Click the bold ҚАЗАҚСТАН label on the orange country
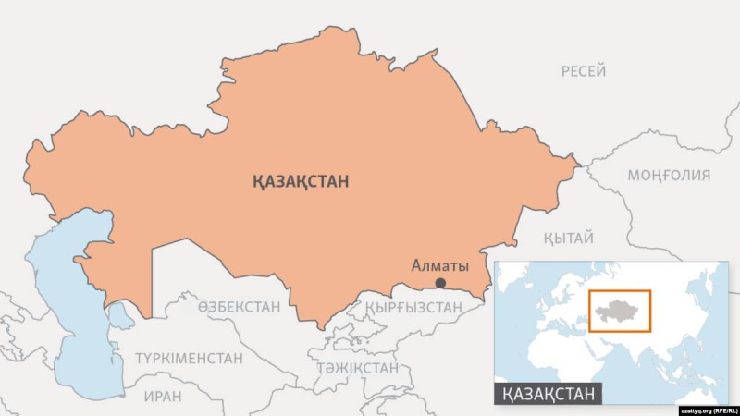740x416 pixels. point(301,182)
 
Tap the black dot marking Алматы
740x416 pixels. point(440,283)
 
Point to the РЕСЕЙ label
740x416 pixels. point(584,71)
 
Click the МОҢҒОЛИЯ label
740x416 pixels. point(669,175)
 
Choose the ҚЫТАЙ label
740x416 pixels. point(569,239)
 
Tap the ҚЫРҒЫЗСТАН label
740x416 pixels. point(413,307)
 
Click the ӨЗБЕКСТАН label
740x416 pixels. point(239,307)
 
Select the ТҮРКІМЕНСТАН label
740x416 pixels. point(189,358)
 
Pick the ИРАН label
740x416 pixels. point(163,396)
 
